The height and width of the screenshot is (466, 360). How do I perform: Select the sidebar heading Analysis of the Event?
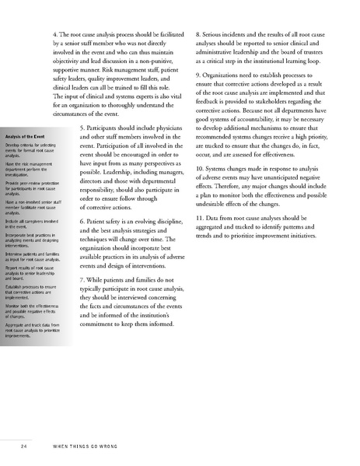click(x=26, y=135)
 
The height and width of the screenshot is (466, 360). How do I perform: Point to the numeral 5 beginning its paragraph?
click(x=83, y=127)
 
